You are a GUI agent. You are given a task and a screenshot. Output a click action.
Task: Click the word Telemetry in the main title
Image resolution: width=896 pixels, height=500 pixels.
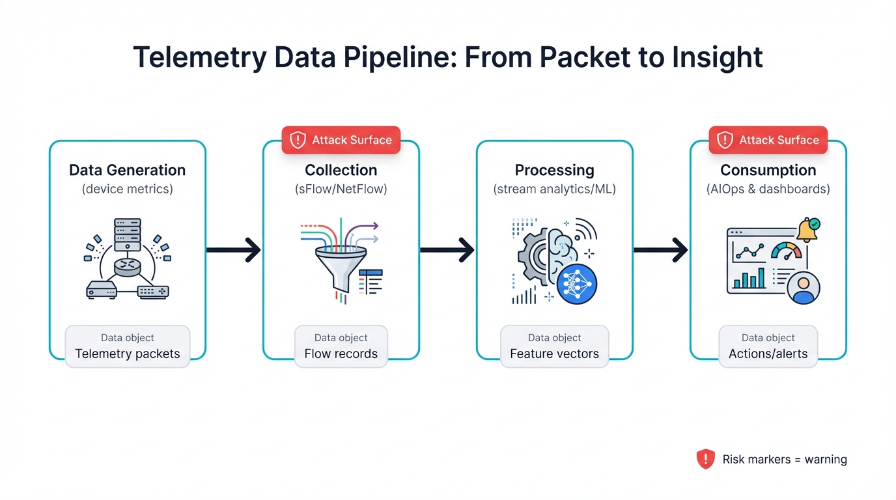click(200, 57)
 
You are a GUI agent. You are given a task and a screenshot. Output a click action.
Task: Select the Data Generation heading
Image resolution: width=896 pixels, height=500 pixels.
click(128, 170)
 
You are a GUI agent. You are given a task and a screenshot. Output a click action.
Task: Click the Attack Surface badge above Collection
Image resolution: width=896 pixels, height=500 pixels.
click(341, 140)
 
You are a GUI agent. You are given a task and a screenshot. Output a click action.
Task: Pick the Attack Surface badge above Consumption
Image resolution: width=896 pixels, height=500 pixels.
click(768, 140)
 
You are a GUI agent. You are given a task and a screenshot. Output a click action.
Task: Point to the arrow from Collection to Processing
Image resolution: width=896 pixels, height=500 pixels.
click(447, 249)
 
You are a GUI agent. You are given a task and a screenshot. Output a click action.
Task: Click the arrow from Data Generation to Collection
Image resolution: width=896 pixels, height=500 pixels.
click(233, 249)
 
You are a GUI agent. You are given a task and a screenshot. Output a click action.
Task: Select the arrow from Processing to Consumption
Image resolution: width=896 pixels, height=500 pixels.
click(660, 249)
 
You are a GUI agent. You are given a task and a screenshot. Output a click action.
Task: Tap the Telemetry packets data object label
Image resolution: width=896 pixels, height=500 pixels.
click(128, 354)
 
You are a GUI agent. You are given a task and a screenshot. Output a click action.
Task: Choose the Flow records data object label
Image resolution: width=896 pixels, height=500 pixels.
click(341, 354)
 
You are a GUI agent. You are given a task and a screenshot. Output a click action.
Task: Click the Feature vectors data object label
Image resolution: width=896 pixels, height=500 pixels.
click(554, 354)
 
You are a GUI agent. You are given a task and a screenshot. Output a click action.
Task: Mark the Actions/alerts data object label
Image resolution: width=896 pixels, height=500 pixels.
click(768, 354)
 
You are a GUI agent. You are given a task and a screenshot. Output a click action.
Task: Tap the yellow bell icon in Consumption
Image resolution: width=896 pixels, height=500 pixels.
click(806, 230)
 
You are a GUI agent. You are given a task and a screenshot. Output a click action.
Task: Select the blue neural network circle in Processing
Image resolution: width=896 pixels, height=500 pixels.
click(577, 285)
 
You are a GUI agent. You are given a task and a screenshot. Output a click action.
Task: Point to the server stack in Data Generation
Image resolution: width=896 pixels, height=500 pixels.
click(128, 235)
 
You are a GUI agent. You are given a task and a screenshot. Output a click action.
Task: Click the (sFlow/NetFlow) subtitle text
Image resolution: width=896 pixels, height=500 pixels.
click(341, 189)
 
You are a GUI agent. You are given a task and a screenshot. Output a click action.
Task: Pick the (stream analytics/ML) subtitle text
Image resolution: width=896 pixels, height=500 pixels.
click(554, 189)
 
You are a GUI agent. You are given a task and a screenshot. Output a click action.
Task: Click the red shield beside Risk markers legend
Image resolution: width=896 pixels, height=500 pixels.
click(705, 459)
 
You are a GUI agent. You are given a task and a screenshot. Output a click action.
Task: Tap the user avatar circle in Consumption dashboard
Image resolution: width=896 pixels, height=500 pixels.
click(803, 287)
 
